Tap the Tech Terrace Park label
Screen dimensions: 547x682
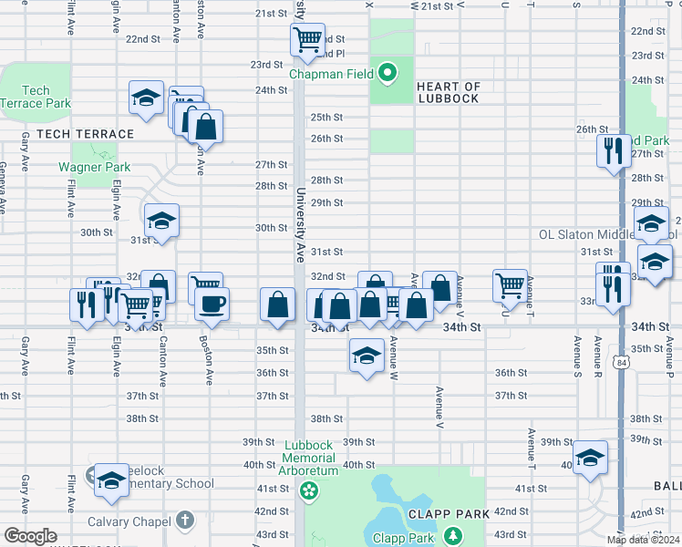point(35,97)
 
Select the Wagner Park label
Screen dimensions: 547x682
point(94,167)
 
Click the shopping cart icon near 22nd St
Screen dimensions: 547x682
point(307,39)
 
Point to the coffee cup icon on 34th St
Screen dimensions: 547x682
point(212,304)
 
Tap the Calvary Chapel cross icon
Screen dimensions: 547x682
point(184,521)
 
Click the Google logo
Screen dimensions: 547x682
point(31,536)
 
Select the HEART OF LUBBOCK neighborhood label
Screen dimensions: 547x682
point(448,92)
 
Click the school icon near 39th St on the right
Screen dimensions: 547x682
point(590,457)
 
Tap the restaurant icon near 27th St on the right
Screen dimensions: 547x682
point(614,150)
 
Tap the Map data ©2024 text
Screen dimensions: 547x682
point(643,539)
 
